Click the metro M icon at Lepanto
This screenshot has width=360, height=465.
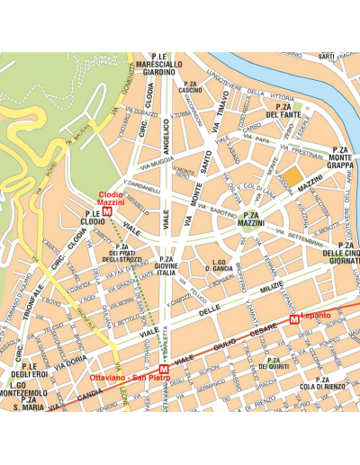point(294,319)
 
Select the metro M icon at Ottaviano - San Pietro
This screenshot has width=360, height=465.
point(163,370)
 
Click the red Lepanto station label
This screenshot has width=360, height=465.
point(316,315)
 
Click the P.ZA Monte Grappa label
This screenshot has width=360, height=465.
point(339,158)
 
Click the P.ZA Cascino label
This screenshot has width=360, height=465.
point(190,87)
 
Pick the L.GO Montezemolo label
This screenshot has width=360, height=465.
point(22,390)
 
